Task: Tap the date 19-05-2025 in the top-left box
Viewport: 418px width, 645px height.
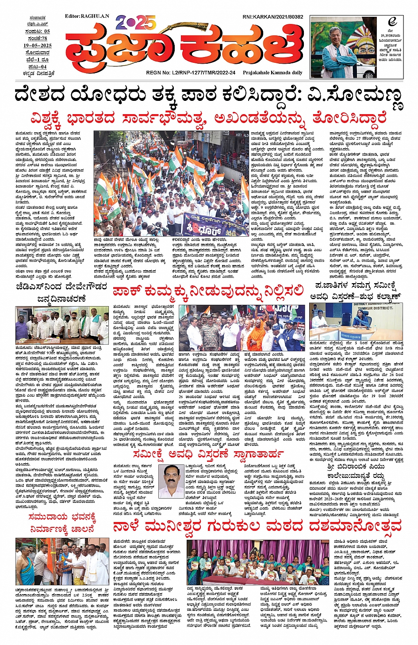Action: click(38, 46)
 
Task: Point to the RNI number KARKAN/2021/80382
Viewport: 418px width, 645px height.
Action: click(272, 17)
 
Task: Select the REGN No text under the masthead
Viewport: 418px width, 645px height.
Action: click(191, 73)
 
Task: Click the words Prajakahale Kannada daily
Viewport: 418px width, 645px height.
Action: click(272, 73)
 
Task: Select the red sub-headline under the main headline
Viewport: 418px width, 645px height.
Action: click(208, 119)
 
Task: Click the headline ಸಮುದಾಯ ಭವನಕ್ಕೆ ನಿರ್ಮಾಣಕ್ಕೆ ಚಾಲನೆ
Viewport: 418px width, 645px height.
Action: click(62, 522)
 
